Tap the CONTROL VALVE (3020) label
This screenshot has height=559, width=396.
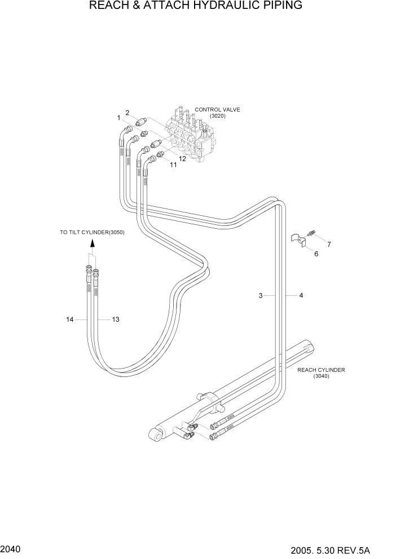pos(217,113)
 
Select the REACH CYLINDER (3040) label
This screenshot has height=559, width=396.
pos(321,373)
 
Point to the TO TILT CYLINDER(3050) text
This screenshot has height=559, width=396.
pos(93,232)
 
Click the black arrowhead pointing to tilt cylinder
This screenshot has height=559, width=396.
pos(92,243)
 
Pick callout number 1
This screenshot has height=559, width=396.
pos(119,118)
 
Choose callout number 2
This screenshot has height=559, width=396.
pos(128,113)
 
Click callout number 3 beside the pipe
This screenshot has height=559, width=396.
pos(261,295)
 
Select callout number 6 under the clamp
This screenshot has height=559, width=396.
pos(316,254)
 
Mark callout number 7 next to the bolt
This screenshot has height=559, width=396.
pos(329,244)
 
